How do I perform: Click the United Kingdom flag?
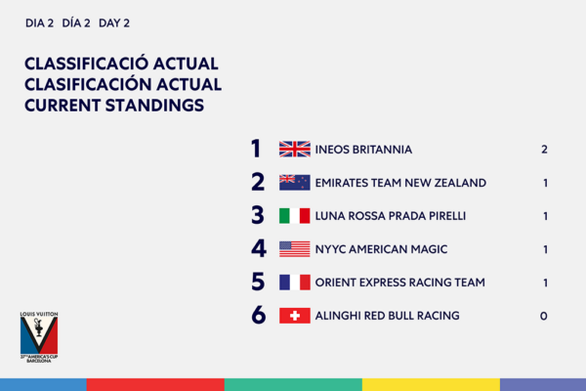(295, 149)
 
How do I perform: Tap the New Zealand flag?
(295, 183)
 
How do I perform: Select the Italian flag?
(295, 216)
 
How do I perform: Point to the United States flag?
(295, 249)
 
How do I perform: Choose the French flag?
(295, 282)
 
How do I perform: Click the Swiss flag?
(295, 316)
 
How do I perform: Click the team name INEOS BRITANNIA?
(363, 150)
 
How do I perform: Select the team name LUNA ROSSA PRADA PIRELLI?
(391, 216)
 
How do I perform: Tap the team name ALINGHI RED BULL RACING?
(387, 316)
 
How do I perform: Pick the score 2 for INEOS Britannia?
(544, 150)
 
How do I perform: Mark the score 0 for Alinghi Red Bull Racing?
(544, 316)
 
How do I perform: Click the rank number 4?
(259, 249)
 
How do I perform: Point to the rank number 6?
(259, 315)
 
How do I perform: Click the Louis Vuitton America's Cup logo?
(39, 336)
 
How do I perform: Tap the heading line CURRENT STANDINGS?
(114, 106)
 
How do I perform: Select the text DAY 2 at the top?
(114, 23)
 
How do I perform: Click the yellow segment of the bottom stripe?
(431, 384)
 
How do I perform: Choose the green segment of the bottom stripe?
(293, 384)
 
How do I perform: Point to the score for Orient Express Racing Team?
(546, 282)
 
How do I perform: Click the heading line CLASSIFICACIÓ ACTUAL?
(121, 63)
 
